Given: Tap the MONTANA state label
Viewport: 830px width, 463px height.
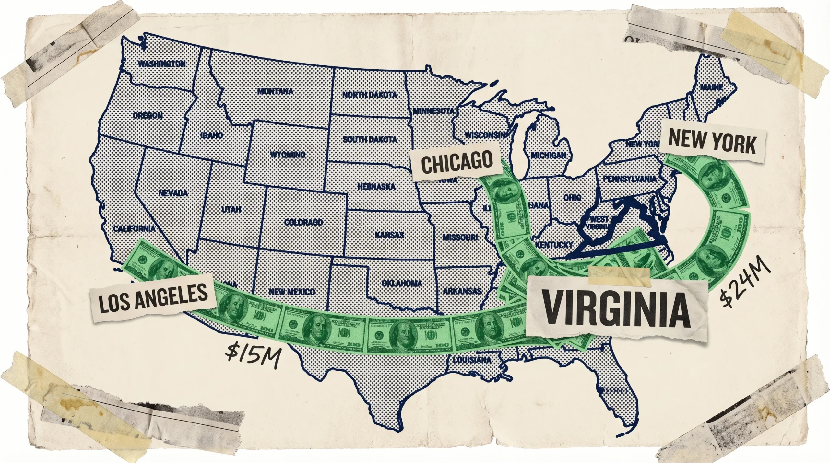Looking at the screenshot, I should pyautogui.click(x=275, y=92).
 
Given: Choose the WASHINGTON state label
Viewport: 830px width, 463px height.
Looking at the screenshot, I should pyautogui.click(x=162, y=64).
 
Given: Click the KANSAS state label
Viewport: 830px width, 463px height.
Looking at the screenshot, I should pyautogui.click(x=389, y=235).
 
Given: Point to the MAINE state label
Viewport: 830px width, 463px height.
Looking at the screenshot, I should pyautogui.click(x=712, y=87).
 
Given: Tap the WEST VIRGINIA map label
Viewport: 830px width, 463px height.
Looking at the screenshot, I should pyautogui.click(x=599, y=223).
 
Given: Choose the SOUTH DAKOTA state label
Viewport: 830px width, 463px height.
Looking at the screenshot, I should pyautogui.click(x=370, y=140).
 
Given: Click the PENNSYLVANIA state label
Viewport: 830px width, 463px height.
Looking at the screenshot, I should pyautogui.click(x=629, y=179).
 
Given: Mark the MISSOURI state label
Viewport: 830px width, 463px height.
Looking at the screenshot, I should pyautogui.click(x=460, y=237).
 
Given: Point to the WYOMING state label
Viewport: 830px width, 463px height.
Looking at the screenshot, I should pyautogui.click(x=288, y=155).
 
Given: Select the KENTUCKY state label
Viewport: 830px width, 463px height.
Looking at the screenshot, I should pyautogui.click(x=555, y=245).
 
